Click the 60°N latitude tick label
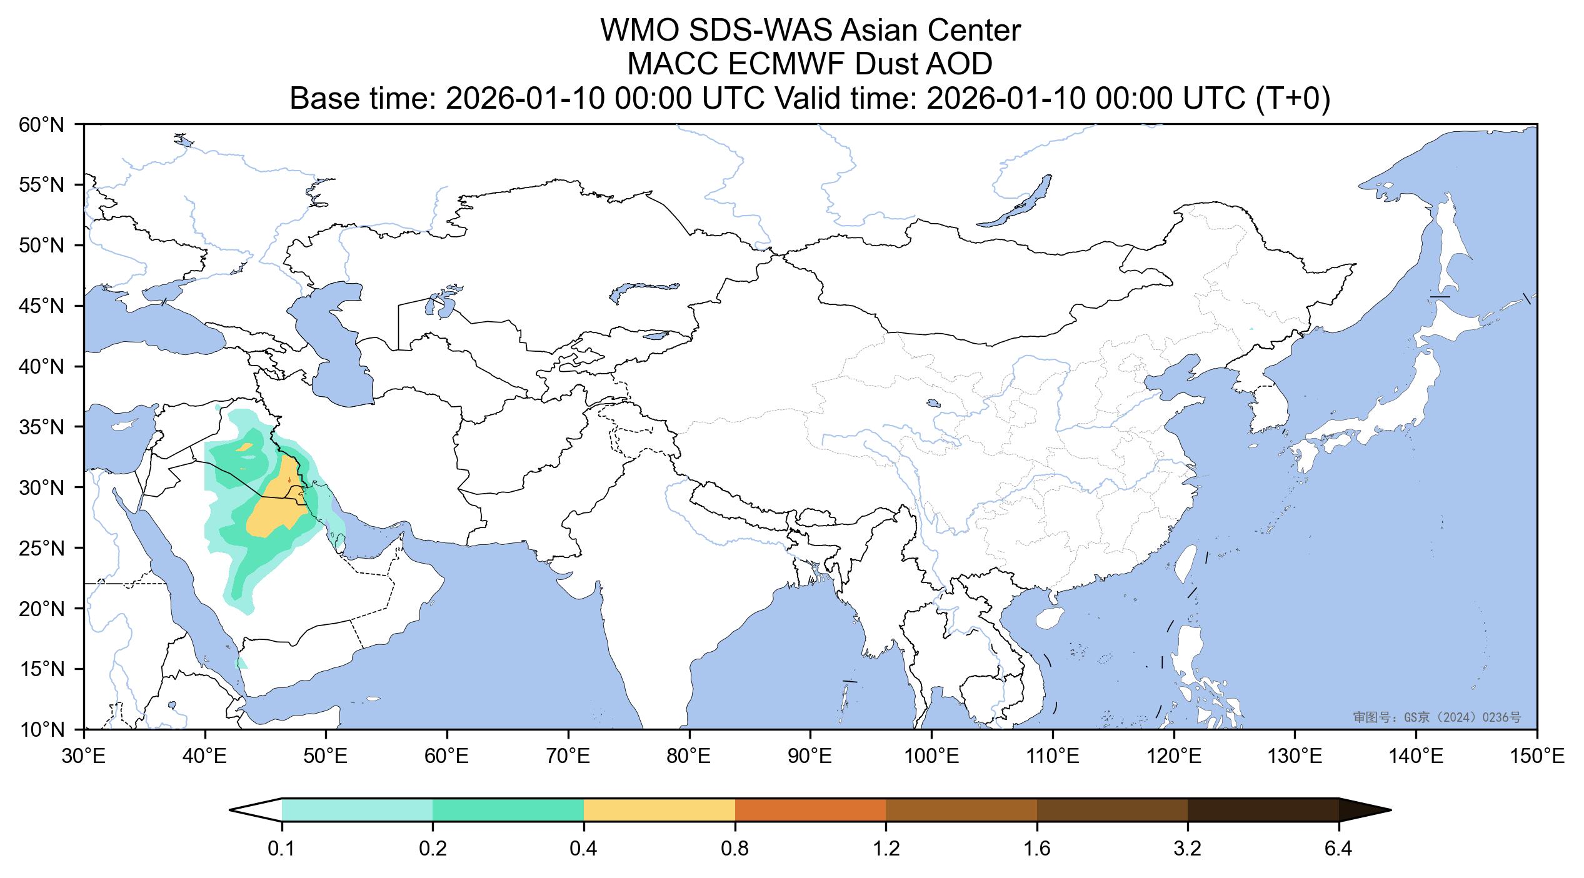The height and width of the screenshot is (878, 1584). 42,125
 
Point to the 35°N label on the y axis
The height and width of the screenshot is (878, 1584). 42,427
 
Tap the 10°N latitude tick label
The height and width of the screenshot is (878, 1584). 42,729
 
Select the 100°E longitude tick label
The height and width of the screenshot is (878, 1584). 931,757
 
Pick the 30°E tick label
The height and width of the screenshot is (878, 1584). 84,757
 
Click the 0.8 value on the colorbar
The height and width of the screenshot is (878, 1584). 734,850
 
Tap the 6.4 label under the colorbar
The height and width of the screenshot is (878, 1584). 1338,850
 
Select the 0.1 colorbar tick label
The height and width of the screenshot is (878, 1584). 282,850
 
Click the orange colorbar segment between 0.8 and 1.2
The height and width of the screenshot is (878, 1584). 810,810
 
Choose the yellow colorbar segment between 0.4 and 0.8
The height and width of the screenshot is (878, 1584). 659,810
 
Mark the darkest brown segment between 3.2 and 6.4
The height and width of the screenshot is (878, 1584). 1263,810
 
